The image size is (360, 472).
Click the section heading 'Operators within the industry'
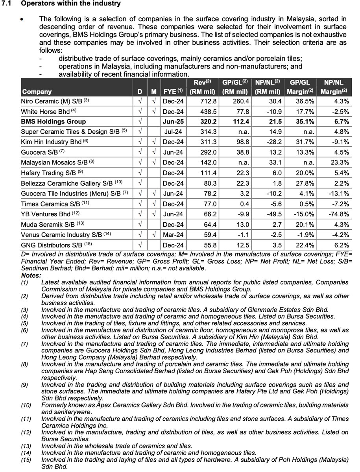click(71, 4)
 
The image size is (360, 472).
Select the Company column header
click(37, 92)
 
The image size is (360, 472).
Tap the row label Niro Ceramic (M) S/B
click(55, 101)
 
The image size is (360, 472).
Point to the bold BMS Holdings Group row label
click(54, 122)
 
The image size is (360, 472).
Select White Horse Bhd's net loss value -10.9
click(272, 111)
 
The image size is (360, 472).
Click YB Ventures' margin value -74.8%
click(338, 214)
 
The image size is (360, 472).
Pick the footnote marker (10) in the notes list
click(27, 405)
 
